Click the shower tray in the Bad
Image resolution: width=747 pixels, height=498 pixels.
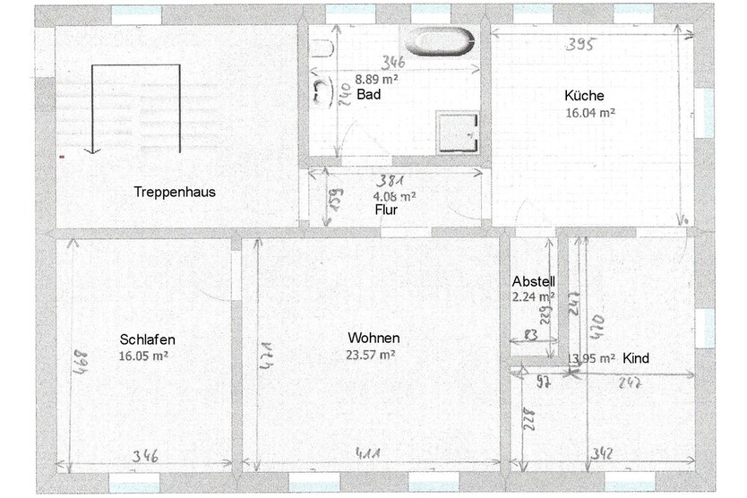pyautogui.click(x=457, y=129)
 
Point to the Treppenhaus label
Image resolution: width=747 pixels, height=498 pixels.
pyautogui.click(x=175, y=192)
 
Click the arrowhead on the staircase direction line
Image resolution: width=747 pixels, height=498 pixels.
pyautogui.click(x=90, y=150)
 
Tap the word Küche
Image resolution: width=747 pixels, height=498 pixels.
pyautogui.click(x=584, y=96)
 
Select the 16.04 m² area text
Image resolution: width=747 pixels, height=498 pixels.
pyautogui.click(x=589, y=114)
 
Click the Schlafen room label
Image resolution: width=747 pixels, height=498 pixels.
pyautogui.click(x=147, y=339)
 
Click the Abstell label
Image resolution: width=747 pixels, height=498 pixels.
pyautogui.click(x=534, y=280)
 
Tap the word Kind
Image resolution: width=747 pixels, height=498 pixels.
pyautogui.click(x=636, y=358)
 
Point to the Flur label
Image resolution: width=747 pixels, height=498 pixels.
pyautogui.click(x=386, y=210)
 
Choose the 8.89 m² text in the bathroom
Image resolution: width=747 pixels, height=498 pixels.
pyautogui.click(x=376, y=79)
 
